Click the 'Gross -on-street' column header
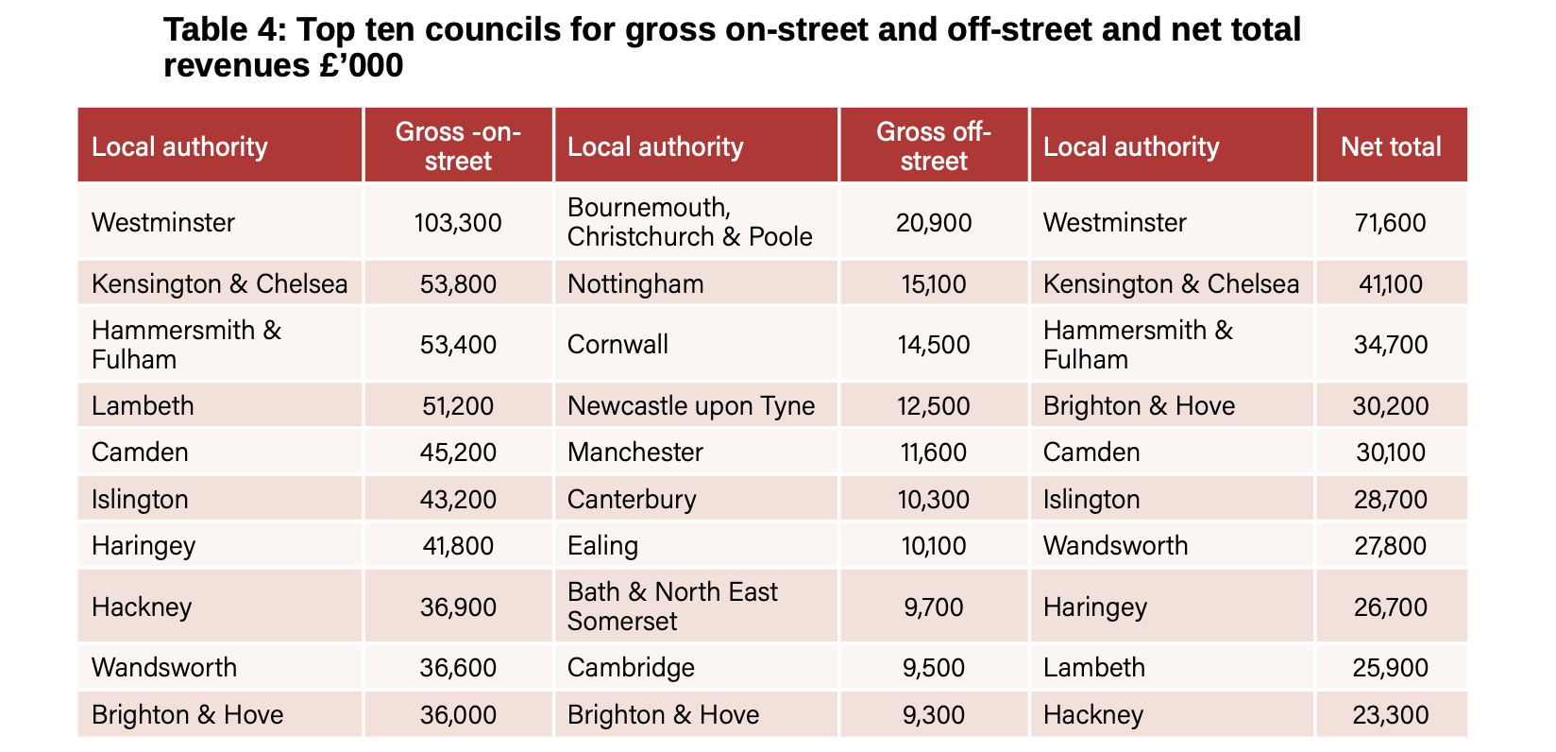click(x=458, y=145)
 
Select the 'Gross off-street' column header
click(x=933, y=145)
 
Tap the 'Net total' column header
click(x=1391, y=146)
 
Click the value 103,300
click(x=458, y=223)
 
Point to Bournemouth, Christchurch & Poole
click(x=689, y=222)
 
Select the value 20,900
click(x=933, y=223)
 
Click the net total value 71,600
click(x=1391, y=223)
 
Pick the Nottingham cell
click(x=635, y=283)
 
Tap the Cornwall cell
click(x=617, y=344)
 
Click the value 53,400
click(x=458, y=345)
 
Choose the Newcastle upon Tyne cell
click(x=690, y=405)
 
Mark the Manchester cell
click(x=634, y=452)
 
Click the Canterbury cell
click(x=631, y=499)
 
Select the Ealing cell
click(x=602, y=545)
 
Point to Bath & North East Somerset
click(x=671, y=607)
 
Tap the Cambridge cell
click(x=631, y=667)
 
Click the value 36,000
click(x=458, y=714)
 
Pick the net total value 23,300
click(x=1391, y=714)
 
